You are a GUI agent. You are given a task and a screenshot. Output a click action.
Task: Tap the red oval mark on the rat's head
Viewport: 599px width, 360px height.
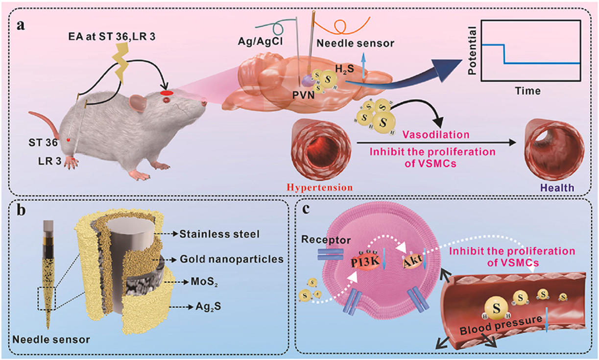pyautogui.click(x=167, y=93)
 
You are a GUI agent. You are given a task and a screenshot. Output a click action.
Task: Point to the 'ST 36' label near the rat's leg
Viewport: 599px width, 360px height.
pyautogui.click(x=43, y=143)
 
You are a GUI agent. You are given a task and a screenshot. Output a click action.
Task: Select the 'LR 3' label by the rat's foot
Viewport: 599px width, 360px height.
pyautogui.click(x=50, y=161)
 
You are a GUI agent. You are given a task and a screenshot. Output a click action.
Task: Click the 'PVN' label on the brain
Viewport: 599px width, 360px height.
pyautogui.click(x=303, y=95)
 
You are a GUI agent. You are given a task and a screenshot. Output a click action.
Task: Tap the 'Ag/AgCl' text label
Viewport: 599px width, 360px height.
pyautogui.click(x=260, y=41)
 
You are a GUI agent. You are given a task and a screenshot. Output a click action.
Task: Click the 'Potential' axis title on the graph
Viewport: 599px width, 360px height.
pyautogui.click(x=473, y=50)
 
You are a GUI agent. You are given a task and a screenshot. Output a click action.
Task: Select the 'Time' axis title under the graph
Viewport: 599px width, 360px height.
pyautogui.click(x=528, y=91)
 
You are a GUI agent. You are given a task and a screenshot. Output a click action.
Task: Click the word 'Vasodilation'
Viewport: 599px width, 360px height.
pyautogui.click(x=436, y=135)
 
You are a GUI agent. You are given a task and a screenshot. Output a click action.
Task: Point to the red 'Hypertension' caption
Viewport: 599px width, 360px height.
pyautogui.click(x=319, y=188)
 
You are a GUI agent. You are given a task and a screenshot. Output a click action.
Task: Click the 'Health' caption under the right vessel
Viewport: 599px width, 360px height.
pyautogui.click(x=557, y=188)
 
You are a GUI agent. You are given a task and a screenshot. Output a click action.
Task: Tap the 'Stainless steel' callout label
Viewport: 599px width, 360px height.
pyautogui.click(x=219, y=234)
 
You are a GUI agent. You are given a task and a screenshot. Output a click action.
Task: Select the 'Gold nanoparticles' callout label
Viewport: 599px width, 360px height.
pyautogui.click(x=232, y=259)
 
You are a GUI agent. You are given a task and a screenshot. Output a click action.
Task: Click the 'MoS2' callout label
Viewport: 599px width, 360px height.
pyautogui.click(x=204, y=282)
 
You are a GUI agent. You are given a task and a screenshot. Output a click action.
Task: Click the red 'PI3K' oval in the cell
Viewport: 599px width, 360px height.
pyautogui.click(x=365, y=262)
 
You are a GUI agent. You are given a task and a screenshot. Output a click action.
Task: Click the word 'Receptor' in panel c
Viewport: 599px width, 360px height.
pyautogui.click(x=326, y=240)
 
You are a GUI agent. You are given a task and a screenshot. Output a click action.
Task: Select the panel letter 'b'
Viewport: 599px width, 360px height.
pyautogui.click(x=21, y=210)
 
